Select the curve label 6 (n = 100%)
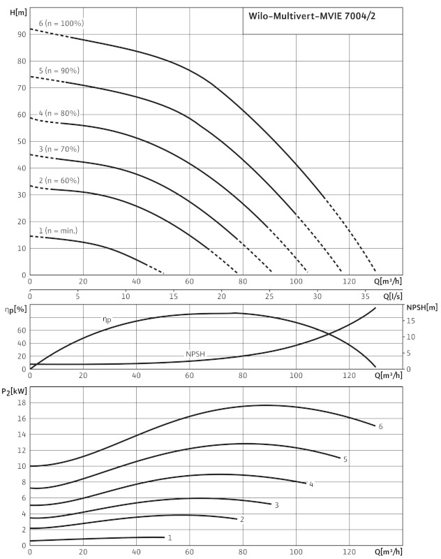coord(61,23)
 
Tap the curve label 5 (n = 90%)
coord(59,71)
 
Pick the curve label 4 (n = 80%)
coord(59,113)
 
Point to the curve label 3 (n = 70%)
coord(59,149)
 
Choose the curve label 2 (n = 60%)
coord(59,180)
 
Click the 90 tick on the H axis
coord(22,34)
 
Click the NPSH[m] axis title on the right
coord(421,307)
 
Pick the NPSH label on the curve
coord(197,354)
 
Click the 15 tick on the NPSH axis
coord(411,321)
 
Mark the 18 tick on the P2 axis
coord(22,402)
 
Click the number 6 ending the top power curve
coord(381,426)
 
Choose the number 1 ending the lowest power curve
coord(170,538)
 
